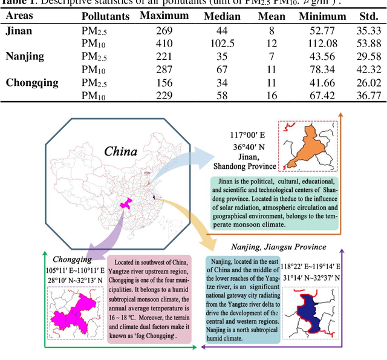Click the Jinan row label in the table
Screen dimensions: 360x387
(20, 29)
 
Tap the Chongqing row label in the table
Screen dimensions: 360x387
(32, 82)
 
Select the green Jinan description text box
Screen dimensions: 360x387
(274, 202)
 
